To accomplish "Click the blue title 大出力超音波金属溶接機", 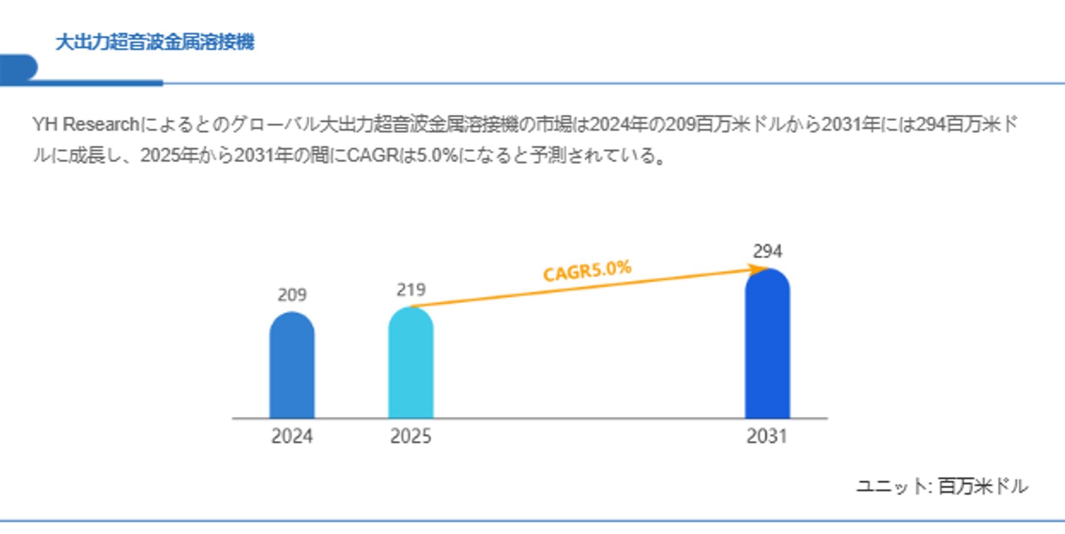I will point(155,42).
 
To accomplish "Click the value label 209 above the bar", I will point(292,295).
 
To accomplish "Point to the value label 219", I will point(411,290).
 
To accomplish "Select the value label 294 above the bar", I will point(768,251).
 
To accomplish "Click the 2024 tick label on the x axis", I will point(292,436).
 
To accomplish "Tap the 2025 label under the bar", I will point(411,436).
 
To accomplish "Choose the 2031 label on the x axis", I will point(767,436).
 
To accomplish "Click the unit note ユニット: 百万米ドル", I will point(942,486).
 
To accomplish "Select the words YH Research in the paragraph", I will point(86,125).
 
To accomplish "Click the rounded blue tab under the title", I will point(19,67).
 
